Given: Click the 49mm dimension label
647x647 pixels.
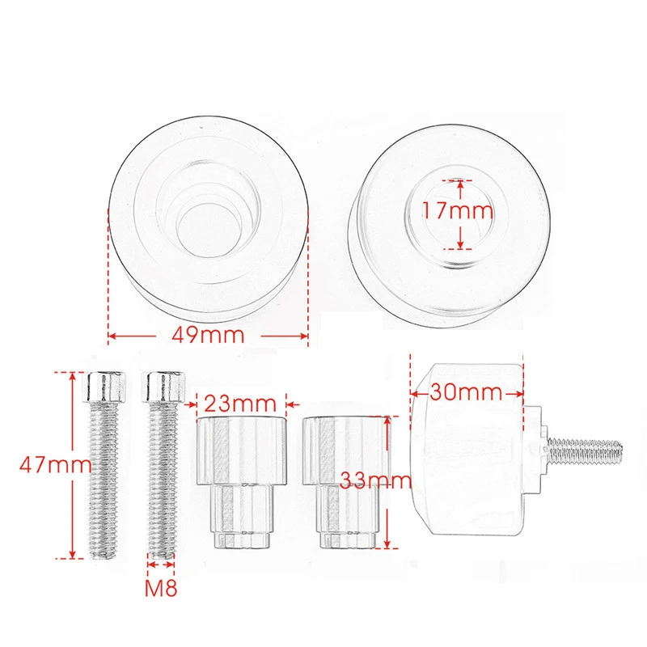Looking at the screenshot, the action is [208, 335].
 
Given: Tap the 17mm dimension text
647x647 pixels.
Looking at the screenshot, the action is [457, 211].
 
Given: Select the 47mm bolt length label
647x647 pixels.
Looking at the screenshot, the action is [55, 465].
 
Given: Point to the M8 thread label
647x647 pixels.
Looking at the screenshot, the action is [161, 588].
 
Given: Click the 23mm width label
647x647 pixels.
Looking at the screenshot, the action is [240, 403].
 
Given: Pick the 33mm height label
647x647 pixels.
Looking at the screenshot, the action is [375, 480].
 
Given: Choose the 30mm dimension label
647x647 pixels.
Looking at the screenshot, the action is [467, 391].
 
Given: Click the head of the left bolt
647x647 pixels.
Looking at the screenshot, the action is [106, 387].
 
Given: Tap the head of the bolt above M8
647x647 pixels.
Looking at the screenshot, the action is [163, 387].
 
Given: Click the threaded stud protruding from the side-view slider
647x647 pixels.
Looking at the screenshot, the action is [585, 450].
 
